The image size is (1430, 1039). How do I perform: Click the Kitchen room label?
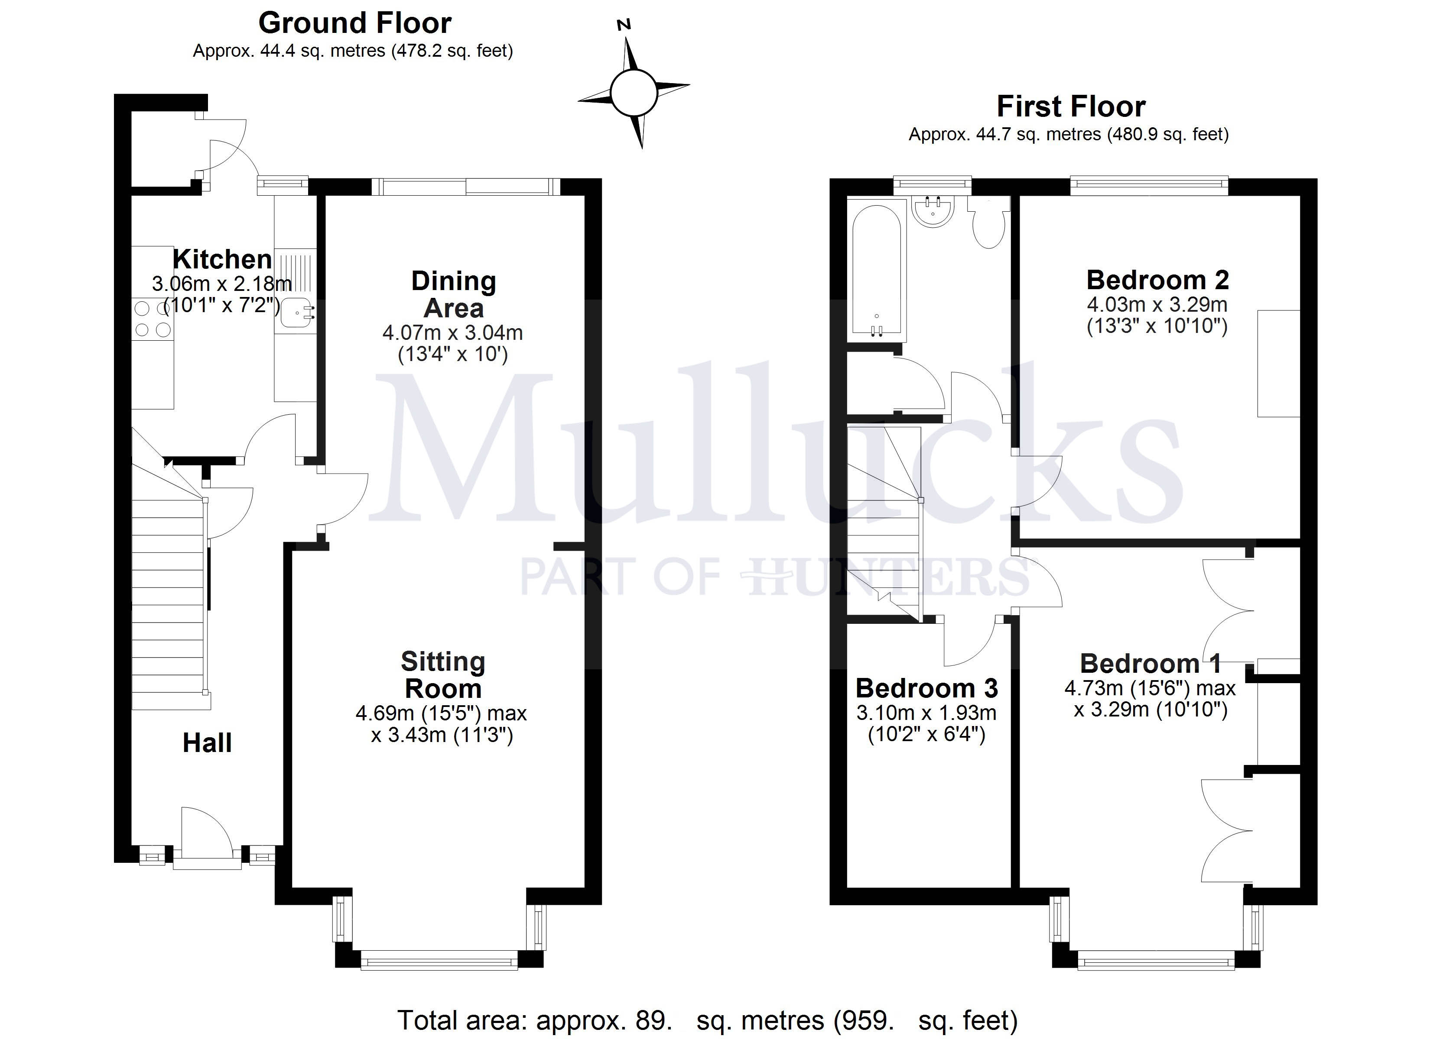click(222, 259)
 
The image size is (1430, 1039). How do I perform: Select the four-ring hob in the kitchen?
click(153, 319)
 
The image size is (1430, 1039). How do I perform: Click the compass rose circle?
click(634, 93)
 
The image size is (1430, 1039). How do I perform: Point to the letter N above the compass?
click(624, 25)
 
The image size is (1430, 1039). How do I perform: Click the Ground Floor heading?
click(354, 23)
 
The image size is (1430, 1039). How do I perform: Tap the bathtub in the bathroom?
click(876, 271)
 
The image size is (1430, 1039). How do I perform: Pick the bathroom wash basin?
click(933, 212)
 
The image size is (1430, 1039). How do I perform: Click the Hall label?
click(207, 743)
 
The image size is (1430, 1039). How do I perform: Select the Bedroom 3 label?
click(926, 688)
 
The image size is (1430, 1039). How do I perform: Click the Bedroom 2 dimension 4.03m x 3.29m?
click(1157, 305)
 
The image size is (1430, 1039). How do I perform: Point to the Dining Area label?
click(453, 294)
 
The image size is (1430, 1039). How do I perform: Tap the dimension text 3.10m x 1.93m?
click(926, 713)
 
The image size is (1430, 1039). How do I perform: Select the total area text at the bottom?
click(707, 1020)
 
